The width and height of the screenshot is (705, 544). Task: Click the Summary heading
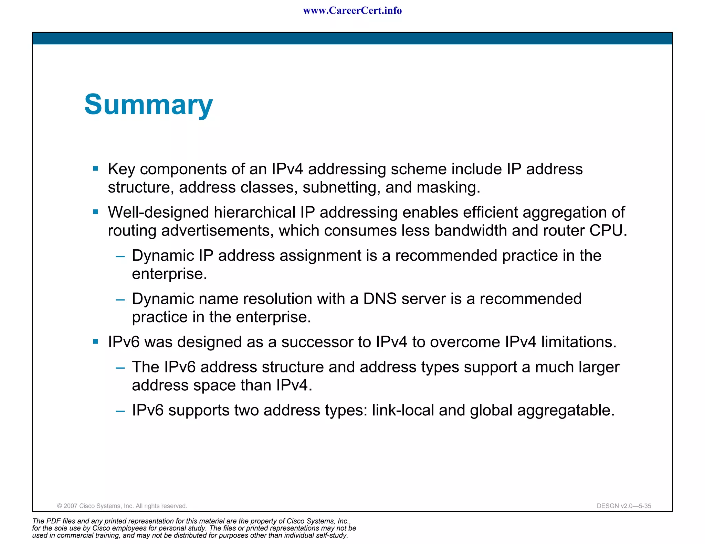coord(148,105)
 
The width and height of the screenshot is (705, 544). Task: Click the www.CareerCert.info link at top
coord(352,11)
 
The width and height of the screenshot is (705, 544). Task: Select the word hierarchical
coord(254,212)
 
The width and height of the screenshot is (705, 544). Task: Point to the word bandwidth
coord(471,230)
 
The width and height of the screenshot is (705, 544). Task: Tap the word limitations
coord(578,342)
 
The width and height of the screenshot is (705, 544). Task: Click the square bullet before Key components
coord(96,169)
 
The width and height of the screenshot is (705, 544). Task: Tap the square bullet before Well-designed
coord(96,212)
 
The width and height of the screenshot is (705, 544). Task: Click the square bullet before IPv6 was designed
coord(96,342)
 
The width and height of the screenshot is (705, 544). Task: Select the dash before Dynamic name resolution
coord(120,300)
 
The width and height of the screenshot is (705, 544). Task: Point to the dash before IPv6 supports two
coord(120,411)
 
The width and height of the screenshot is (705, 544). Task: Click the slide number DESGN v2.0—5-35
coord(624,506)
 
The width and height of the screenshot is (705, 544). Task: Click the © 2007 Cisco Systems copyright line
coord(122,506)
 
